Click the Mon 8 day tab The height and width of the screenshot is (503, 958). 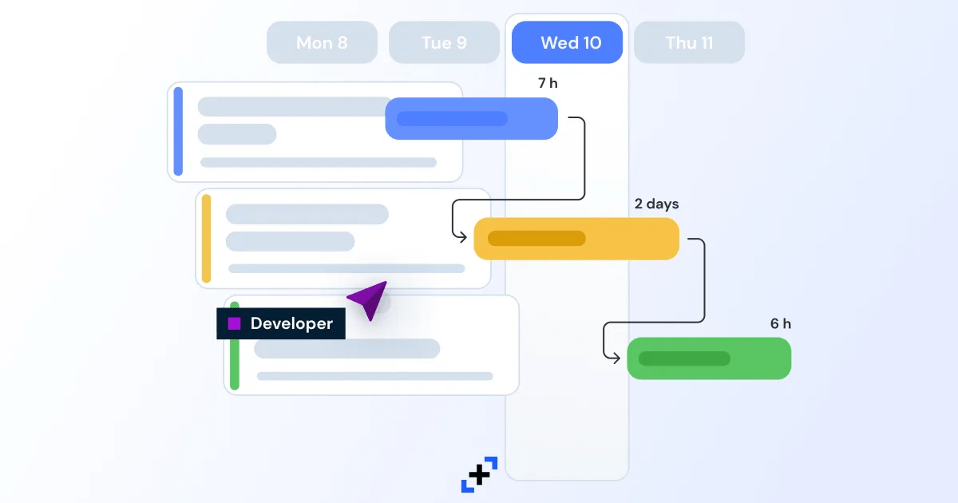[322, 42]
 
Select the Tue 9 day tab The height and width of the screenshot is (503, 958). [444, 42]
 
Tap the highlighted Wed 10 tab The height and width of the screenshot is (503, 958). [567, 42]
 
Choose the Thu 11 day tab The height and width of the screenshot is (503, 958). [689, 42]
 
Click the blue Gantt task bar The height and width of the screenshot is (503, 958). [471, 118]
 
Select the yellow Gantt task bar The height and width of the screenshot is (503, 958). [576, 238]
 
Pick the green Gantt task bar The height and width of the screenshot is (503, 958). [709, 358]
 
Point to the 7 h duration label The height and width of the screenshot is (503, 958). [548, 83]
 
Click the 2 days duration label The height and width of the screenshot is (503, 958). [656, 204]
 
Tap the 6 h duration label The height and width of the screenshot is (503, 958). [781, 324]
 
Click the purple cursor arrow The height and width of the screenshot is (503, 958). [369, 299]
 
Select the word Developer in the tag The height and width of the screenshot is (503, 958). [291, 323]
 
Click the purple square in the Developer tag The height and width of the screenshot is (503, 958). [234, 323]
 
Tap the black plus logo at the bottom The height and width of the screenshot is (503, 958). [479, 475]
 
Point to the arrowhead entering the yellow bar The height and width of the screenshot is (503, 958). [464, 236]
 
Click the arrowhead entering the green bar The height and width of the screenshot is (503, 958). [616, 357]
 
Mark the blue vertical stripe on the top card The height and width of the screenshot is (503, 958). [178, 131]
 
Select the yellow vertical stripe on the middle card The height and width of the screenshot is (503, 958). [206, 238]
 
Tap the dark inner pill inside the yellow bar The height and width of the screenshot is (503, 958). [536, 238]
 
